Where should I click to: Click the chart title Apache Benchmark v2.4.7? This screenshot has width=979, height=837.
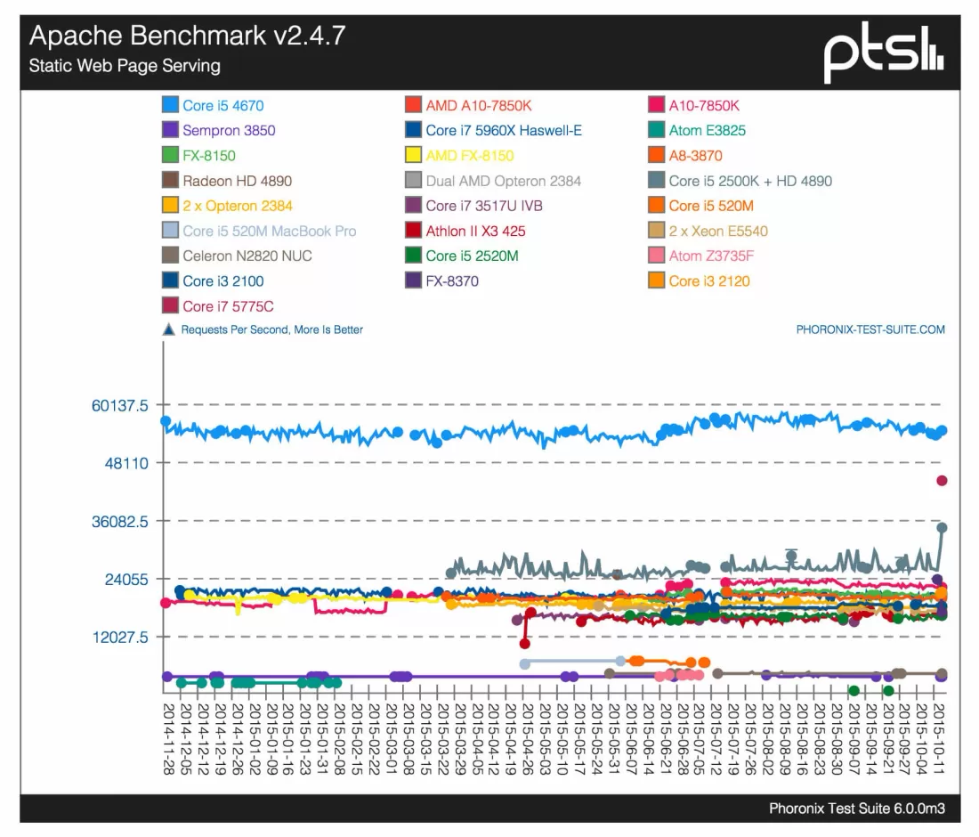click(187, 36)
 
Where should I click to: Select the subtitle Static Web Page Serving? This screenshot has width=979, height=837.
click(125, 66)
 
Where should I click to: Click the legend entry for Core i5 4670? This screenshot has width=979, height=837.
click(222, 105)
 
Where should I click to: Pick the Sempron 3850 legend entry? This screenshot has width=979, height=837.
click(229, 130)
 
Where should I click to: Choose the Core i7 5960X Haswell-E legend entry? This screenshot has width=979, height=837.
click(503, 130)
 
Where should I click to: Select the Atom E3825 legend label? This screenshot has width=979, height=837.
click(707, 130)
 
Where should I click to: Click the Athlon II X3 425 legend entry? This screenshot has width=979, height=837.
click(475, 231)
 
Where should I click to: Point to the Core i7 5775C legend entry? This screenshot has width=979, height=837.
click(228, 306)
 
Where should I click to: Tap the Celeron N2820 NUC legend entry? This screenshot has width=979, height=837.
click(247, 256)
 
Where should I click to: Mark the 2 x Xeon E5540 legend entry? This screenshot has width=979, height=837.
click(717, 231)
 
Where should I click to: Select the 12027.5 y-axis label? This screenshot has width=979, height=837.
click(123, 637)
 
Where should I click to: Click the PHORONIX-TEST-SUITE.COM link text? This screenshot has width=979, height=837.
click(870, 329)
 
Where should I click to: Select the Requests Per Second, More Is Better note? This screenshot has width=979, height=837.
click(271, 329)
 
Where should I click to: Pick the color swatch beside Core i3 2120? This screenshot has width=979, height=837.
click(655, 281)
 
